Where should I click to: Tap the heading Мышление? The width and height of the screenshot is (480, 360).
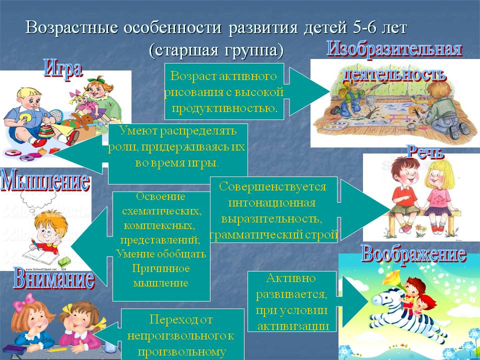[45, 181]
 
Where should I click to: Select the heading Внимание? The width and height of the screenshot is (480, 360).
[54, 279]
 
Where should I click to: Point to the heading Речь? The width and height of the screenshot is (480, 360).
[425, 152]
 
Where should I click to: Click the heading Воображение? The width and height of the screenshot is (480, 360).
[413, 254]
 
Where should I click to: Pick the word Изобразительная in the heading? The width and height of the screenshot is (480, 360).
[394, 50]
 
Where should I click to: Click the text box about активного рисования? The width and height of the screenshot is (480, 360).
[224, 92]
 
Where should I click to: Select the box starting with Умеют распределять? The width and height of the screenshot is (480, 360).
[178, 153]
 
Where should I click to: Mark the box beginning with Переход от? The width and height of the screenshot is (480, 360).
[182, 335]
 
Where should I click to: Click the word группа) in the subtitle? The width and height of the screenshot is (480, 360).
[255, 50]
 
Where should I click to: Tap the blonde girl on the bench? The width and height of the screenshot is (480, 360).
[437, 190]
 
